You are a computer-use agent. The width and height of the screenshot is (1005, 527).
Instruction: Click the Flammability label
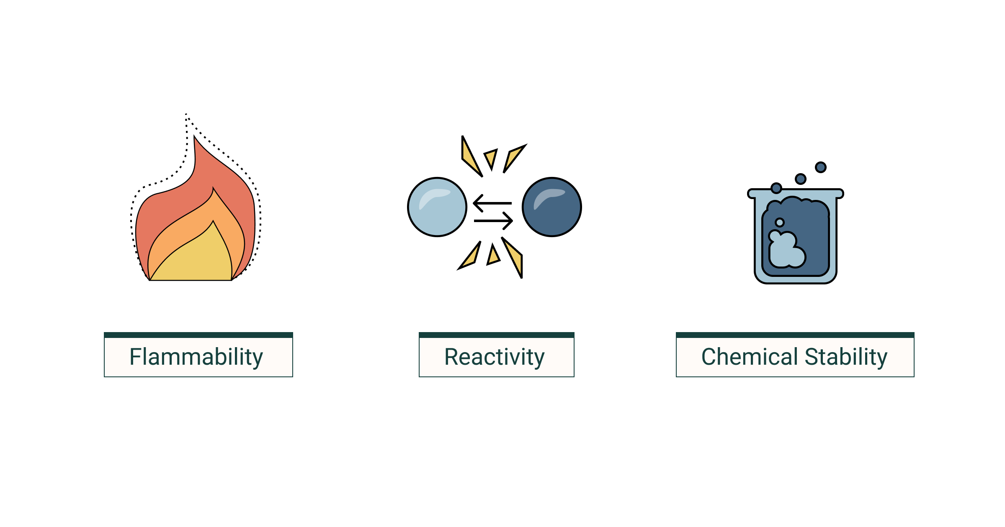pos(196,357)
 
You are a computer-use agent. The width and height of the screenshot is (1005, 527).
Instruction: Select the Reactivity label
pos(495,357)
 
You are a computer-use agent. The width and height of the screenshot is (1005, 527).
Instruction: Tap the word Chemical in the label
pos(750,357)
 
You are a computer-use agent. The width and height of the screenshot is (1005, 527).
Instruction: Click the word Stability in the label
pos(846,357)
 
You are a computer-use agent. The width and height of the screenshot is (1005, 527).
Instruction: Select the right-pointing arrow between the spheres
pos(494,221)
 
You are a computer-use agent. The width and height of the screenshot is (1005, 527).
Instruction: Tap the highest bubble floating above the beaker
pos(821,167)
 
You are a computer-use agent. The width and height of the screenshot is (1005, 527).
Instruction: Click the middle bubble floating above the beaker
pos(801,179)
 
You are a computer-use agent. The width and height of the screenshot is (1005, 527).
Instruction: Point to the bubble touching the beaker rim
pos(776,188)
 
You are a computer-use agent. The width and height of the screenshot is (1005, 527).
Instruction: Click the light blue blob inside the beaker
pos(785,253)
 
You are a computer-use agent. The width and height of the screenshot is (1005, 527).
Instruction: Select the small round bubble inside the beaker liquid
pos(780,223)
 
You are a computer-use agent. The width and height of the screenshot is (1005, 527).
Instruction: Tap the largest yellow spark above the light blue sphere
pos(469,157)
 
